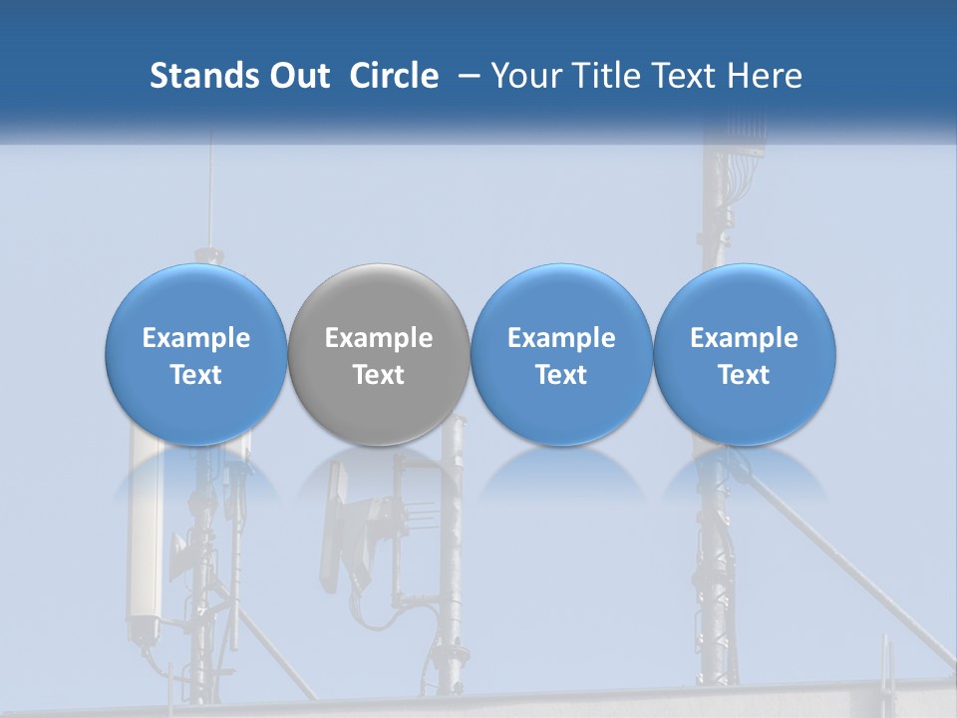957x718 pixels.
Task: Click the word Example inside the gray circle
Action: click(x=379, y=338)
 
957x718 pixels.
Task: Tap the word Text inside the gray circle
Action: click(x=379, y=375)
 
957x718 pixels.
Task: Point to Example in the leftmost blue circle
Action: click(x=195, y=338)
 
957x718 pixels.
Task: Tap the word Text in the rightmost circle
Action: click(x=744, y=375)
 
